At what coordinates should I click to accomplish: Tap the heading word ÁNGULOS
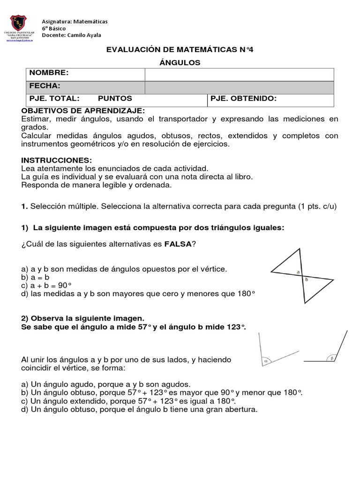(x=180, y=62)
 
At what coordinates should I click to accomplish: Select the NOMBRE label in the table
(x=49, y=73)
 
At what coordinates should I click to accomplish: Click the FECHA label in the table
(x=45, y=86)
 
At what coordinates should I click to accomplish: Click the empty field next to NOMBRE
(x=239, y=74)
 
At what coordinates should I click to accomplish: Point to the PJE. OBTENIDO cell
(x=244, y=99)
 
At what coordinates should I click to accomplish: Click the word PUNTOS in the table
(x=115, y=99)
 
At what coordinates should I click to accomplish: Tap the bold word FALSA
(x=178, y=245)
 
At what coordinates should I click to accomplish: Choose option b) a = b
(x=35, y=277)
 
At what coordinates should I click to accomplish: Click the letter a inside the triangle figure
(x=298, y=272)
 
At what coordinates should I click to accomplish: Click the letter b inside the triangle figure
(x=307, y=280)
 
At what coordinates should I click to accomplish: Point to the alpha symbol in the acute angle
(x=266, y=361)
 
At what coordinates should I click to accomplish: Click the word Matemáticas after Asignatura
(x=89, y=22)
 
